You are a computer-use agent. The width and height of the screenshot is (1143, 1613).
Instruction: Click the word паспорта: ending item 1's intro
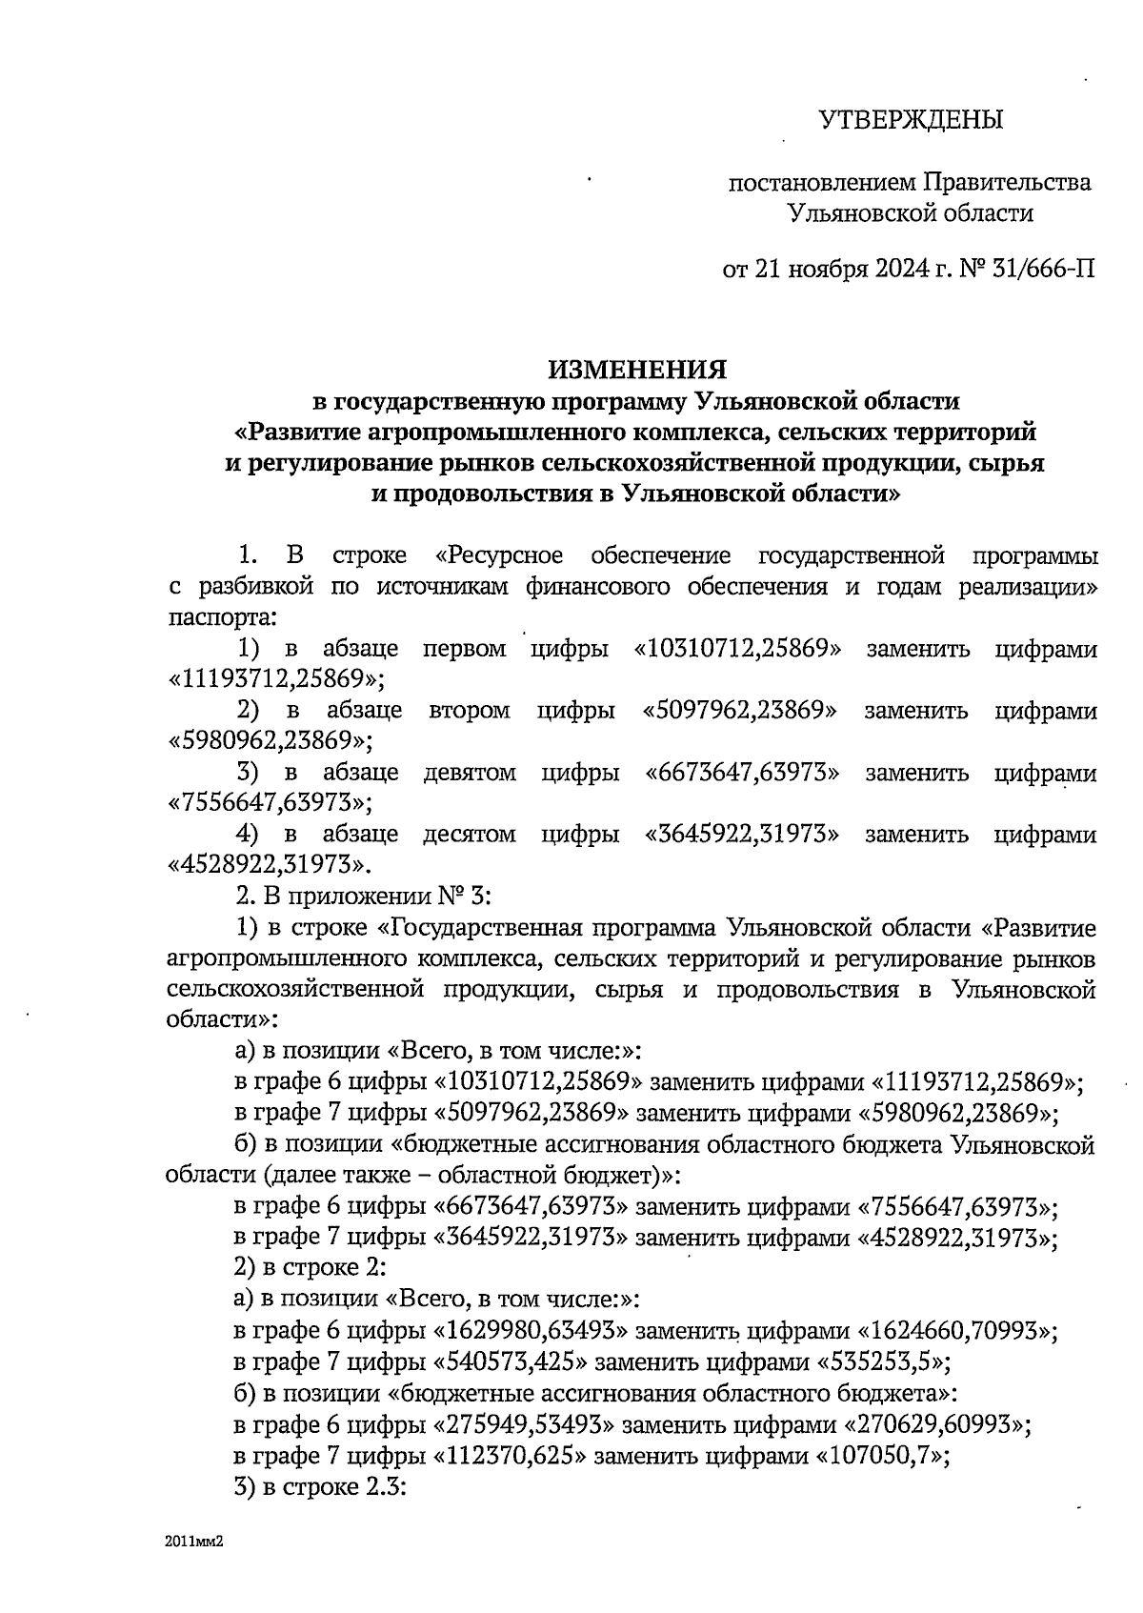221,616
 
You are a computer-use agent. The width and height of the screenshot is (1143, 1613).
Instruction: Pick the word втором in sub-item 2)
470,711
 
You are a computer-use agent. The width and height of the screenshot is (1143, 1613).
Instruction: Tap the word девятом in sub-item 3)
470,773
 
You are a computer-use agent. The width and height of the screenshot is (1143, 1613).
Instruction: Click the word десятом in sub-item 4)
470,835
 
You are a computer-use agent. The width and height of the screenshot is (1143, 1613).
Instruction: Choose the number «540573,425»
511,1361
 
